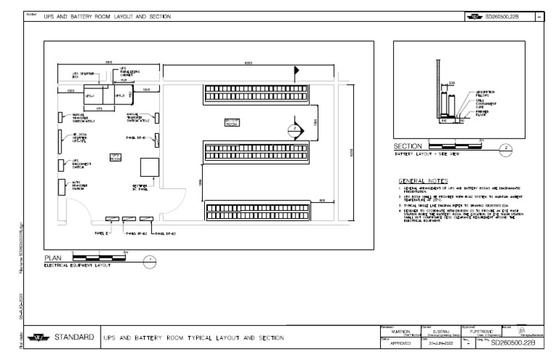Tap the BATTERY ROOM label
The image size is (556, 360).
pyautogui.click(x=232, y=122)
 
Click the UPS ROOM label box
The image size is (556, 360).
pyautogui.click(x=115, y=157)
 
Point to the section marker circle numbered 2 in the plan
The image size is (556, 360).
pyautogui.click(x=295, y=128)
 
